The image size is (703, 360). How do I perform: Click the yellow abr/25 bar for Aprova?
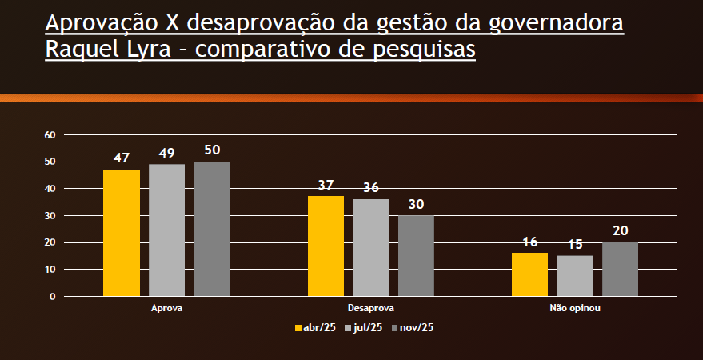click(122, 233)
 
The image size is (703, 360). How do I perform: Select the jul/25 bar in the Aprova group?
click(166, 230)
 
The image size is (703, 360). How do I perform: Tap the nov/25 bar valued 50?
click(212, 229)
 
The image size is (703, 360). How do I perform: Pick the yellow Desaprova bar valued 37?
click(326, 246)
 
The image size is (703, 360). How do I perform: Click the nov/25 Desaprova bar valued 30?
click(417, 256)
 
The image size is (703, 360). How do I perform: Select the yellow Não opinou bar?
click(529, 274)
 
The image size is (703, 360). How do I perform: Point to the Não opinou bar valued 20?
click(620, 270)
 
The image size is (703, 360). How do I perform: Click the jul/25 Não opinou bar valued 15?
click(575, 276)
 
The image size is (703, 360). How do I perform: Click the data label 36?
click(371, 188)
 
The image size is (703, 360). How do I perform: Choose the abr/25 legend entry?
click(315, 327)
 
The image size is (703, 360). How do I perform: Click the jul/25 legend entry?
click(364, 327)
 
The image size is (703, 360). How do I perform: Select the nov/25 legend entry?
click(413, 327)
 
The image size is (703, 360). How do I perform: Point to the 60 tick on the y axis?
click(50, 135)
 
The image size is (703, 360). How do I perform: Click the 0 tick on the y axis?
click(53, 297)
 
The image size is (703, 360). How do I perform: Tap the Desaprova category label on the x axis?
click(371, 308)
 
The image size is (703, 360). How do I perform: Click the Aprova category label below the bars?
click(166, 308)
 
